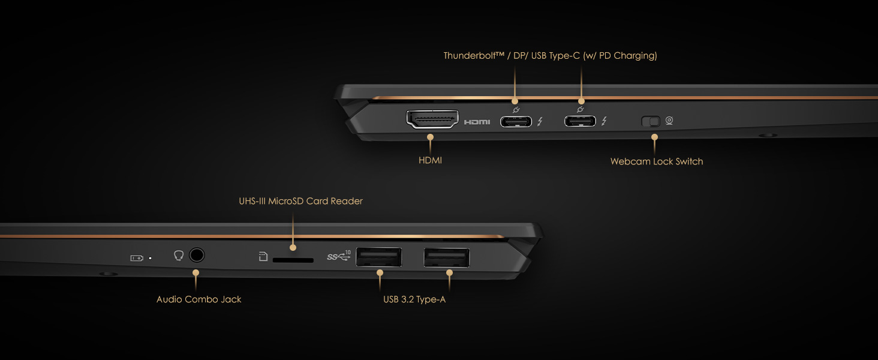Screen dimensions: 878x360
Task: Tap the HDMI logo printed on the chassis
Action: click(x=477, y=122)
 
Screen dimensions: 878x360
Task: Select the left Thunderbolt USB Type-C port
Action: click(x=516, y=122)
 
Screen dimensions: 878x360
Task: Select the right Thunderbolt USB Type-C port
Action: click(x=580, y=122)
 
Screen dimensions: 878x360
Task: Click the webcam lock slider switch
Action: click(x=651, y=122)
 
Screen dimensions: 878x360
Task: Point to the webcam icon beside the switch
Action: click(x=669, y=121)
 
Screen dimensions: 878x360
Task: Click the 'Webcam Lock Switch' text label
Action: click(x=657, y=161)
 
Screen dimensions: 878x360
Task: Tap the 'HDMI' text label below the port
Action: click(x=430, y=161)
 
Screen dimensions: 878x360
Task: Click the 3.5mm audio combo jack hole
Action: click(x=196, y=256)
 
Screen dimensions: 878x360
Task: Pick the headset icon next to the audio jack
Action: click(x=178, y=256)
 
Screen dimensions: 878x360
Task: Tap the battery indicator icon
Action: click(x=137, y=258)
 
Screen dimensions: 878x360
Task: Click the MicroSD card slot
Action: click(x=293, y=260)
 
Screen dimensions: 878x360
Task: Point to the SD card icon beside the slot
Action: click(x=263, y=257)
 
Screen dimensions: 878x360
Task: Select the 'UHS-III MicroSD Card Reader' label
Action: click(x=300, y=201)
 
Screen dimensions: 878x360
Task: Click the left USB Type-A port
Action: click(x=379, y=257)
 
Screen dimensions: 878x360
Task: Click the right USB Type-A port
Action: click(x=447, y=257)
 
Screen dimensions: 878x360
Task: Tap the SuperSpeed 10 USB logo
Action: click(x=339, y=256)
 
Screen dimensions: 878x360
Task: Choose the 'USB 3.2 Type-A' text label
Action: click(x=414, y=299)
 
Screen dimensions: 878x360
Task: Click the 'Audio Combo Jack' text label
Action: click(x=199, y=299)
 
